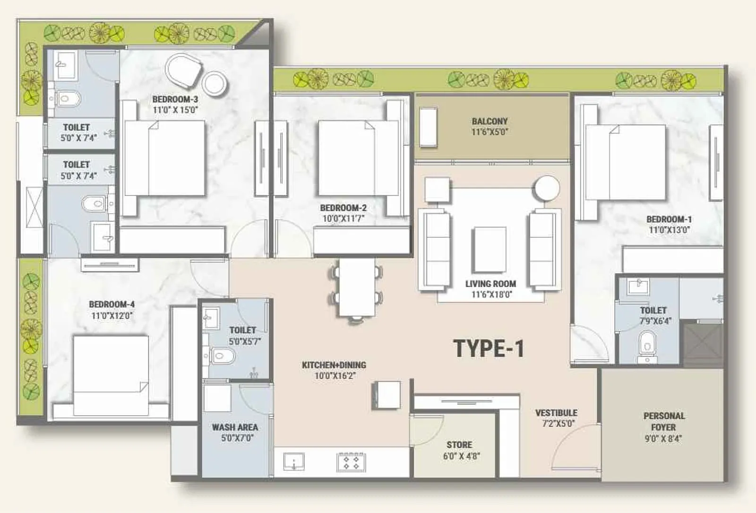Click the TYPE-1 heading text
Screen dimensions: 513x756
[x=489, y=349]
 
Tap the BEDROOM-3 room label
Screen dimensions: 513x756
[x=175, y=99]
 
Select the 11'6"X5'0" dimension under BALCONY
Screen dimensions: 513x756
[x=490, y=132]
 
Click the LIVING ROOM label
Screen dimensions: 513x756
[x=490, y=284]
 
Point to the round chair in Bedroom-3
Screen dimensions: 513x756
[x=183, y=71]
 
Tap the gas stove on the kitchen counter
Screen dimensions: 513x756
[x=351, y=462]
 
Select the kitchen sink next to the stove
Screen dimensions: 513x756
[x=294, y=461]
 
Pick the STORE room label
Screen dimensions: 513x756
[x=459, y=445]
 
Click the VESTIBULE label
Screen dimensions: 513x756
[x=556, y=413]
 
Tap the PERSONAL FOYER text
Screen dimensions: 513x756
[x=663, y=421]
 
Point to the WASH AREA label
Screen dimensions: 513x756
[x=235, y=427]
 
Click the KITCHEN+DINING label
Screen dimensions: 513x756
[x=334, y=365]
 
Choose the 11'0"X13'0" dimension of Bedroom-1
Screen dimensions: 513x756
[x=669, y=230]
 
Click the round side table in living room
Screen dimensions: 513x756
[x=547, y=188]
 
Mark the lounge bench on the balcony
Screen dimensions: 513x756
[x=429, y=127]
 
